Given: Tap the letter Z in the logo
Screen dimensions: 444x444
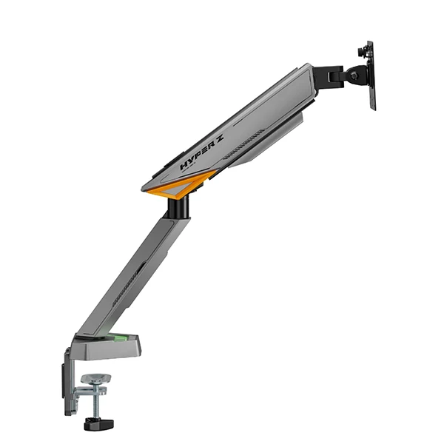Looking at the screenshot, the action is tap(218, 138).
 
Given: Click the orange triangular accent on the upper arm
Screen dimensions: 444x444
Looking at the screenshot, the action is tap(181, 185).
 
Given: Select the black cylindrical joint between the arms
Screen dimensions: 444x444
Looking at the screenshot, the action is tap(178, 208).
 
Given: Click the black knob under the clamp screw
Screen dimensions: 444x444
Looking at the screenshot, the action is tap(99, 423).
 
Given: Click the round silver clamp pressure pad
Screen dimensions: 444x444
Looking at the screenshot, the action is tap(95, 379).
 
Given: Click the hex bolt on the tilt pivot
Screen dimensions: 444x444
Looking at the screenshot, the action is tap(353, 75).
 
